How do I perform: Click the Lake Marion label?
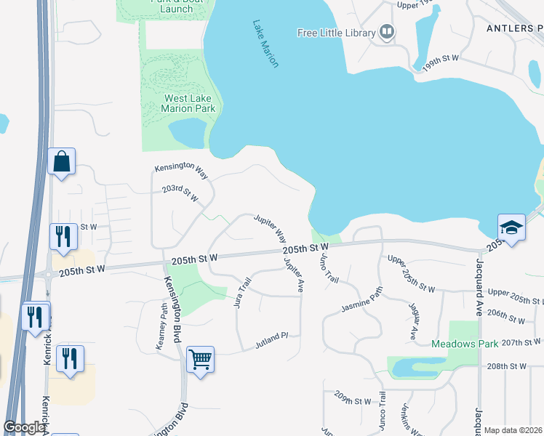(266, 44)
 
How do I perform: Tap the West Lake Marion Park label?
(188, 104)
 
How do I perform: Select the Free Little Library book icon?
(388, 32)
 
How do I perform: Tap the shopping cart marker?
(200, 359)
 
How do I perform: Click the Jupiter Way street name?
(270, 227)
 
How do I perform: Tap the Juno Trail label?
(328, 267)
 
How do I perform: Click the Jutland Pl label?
(271, 336)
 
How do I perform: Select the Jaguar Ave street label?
(412, 320)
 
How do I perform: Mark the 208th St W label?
(507, 367)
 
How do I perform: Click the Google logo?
(24, 427)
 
